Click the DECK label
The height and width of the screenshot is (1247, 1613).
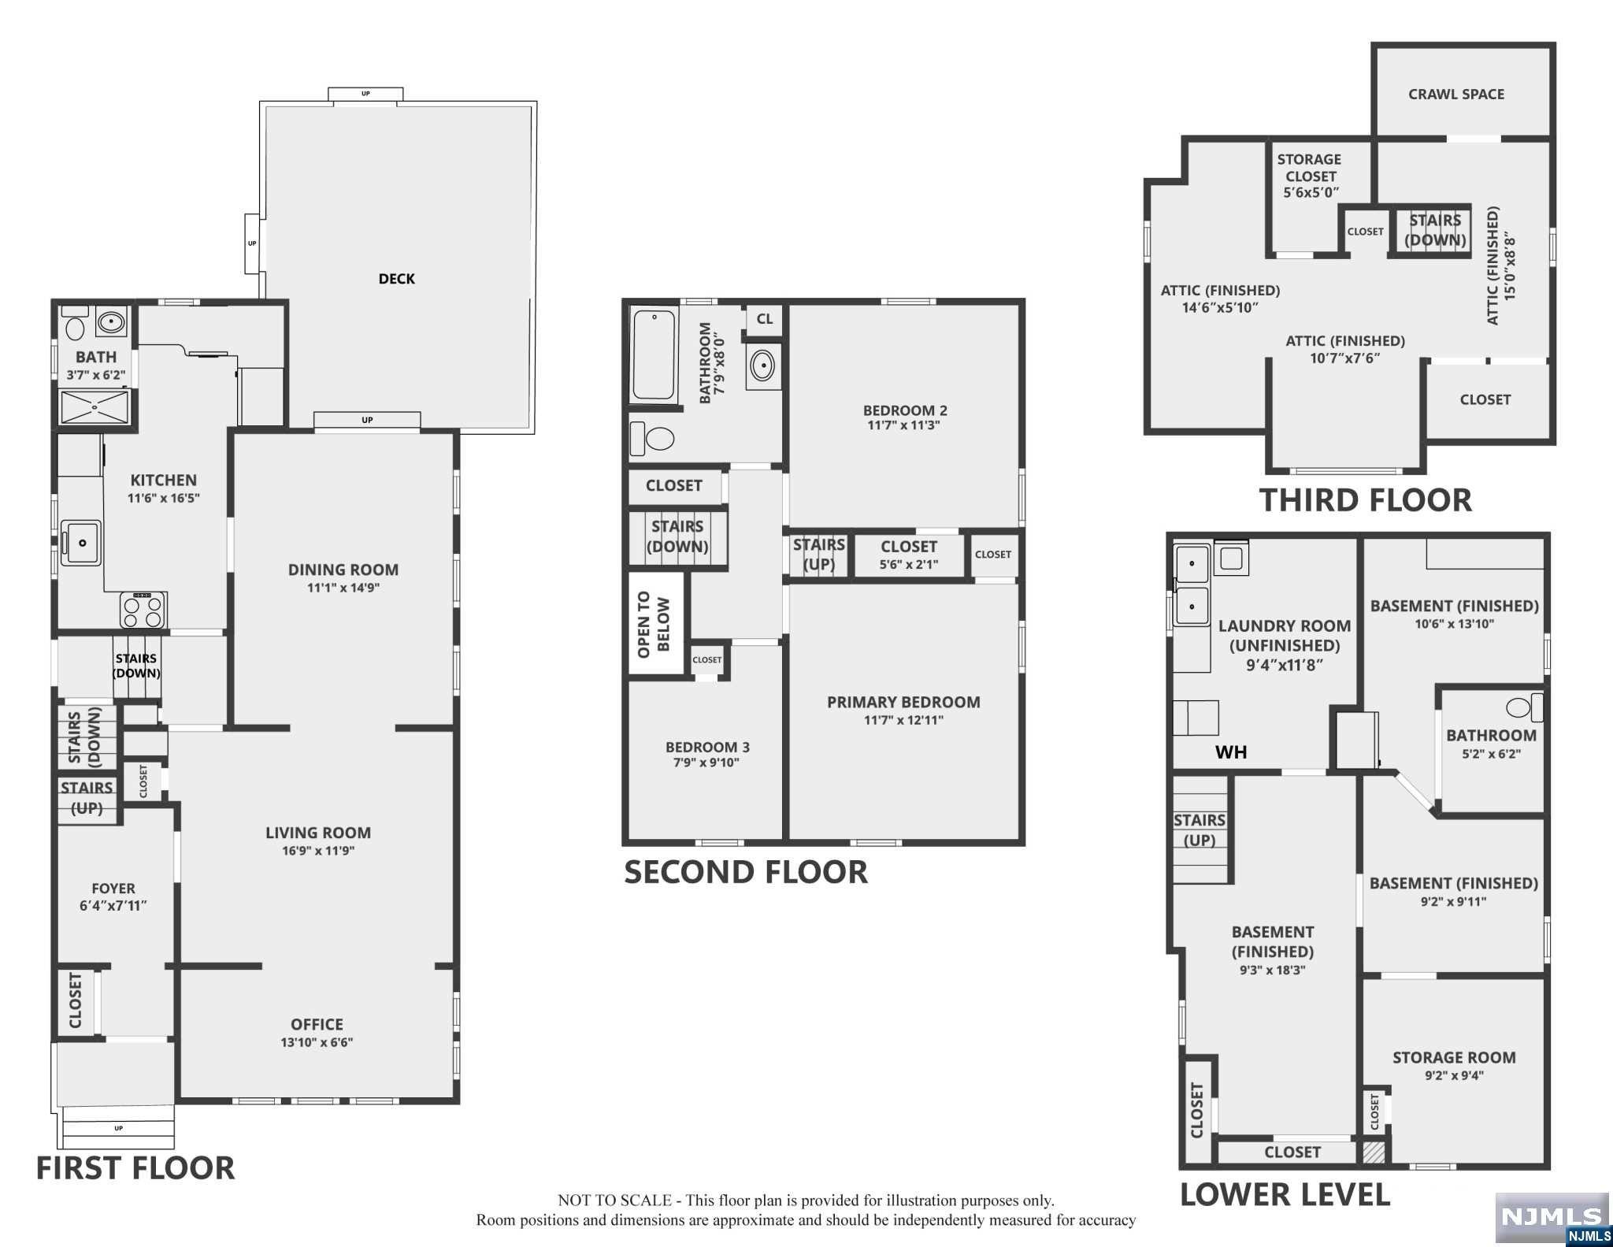pyautogui.click(x=396, y=279)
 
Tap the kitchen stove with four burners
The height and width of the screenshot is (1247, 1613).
pyautogui.click(x=143, y=609)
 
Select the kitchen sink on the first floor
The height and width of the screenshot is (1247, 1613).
pyautogui.click(x=81, y=543)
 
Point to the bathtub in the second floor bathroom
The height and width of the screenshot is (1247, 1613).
pyautogui.click(x=654, y=355)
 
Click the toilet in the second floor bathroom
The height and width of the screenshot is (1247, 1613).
pyautogui.click(x=653, y=439)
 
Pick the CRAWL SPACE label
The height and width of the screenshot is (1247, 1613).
pyautogui.click(x=1456, y=95)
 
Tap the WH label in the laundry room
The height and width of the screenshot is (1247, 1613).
pyautogui.click(x=1231, y=752)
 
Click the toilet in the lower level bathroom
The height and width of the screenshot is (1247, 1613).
pyautogui.click(x=1525, y=707)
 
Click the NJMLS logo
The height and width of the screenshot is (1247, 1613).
pyautogui.click(x=1552, y=1218)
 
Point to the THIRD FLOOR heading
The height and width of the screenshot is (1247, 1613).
pyautogui.click(x=1366, y=500)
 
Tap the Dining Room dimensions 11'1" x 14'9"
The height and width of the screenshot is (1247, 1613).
pyautogui.click(x=343, y=588)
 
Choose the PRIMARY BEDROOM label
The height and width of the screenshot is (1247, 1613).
pyautogui.click(x=903, y=702)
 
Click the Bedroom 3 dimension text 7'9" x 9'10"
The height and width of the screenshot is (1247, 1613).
pyautogui.click(x=706, y=763)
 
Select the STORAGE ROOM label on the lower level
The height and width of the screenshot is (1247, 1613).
pyautogui.click(x=1454, y=1058)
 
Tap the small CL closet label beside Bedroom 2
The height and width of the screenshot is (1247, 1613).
pyautogui.click(x=765, y=319)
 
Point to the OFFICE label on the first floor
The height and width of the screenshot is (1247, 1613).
pyautogui.click(x=317, y=1024)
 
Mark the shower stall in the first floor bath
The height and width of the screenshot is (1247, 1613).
pyautogui.click(x=95, y=408)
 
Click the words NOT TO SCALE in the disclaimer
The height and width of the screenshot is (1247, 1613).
pyautogui.click(x=614, y=1201)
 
